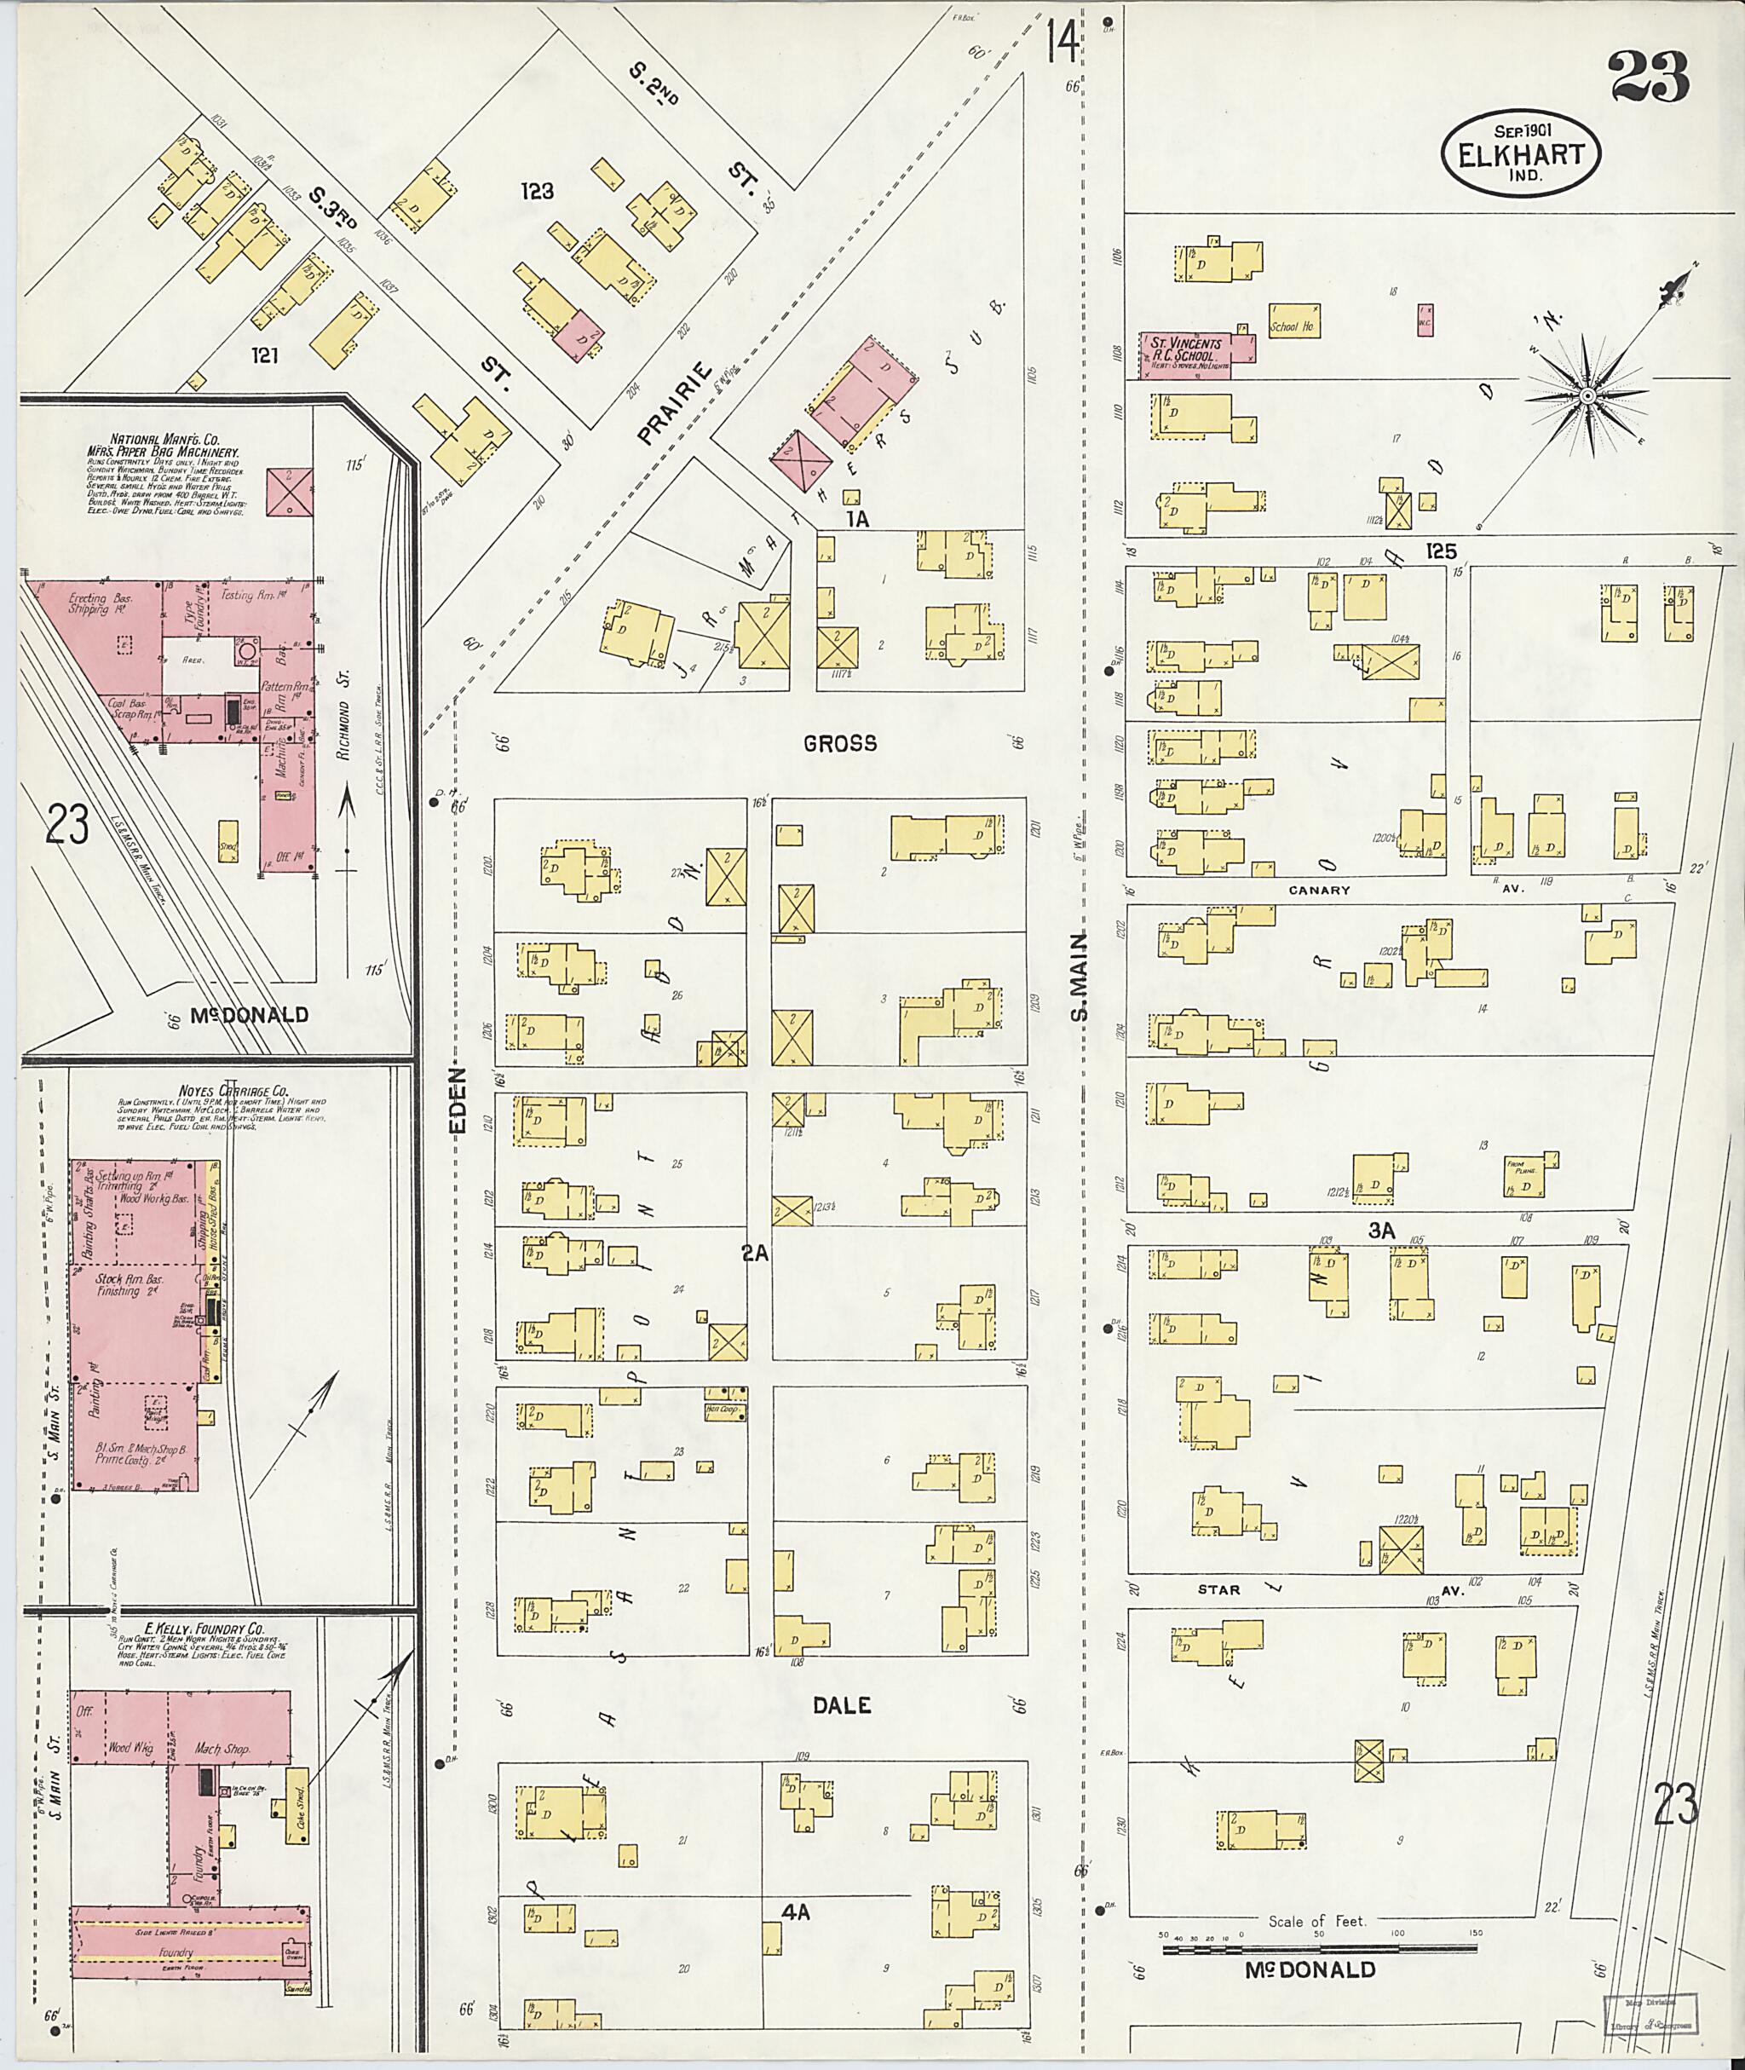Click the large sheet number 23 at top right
coord(1649,78)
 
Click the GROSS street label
coord(840,743)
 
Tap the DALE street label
coord(842,1705)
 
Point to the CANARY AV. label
coord(1319,890)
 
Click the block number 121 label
coord(264,355)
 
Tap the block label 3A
coord(1381,1230)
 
